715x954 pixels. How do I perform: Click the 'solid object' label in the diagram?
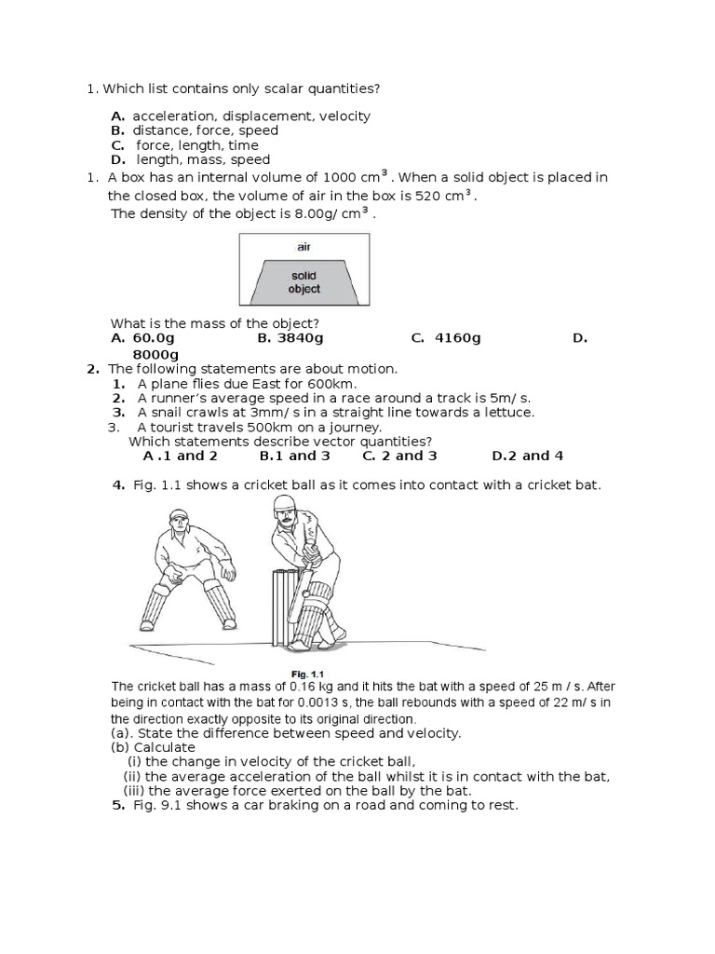[304, 282]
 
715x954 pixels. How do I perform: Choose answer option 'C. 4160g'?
[445, 338]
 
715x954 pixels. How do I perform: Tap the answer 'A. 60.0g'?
[142, 338]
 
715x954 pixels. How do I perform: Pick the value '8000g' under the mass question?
[155, 355]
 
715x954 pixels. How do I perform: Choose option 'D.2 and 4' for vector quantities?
[527, 456]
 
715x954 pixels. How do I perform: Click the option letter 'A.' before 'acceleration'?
[117, 116]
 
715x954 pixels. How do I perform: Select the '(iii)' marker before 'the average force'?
[134, 790]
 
